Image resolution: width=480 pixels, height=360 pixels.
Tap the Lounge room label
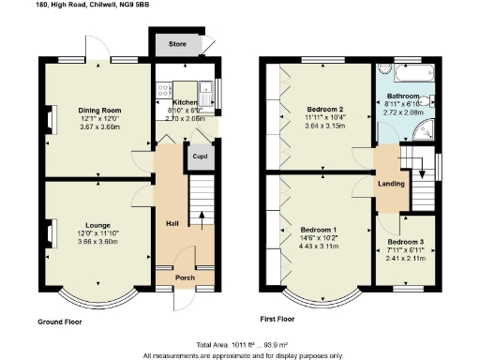pos(97,225)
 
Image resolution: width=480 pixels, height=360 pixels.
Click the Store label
pos(176,44)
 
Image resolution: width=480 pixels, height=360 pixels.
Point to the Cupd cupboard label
pos(200,157)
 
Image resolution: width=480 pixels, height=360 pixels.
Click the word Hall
pos(172,223)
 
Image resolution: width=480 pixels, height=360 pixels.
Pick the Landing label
pos(391,183)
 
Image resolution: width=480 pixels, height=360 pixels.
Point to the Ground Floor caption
pos(59,322)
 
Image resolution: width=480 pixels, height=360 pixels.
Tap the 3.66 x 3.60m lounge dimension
pos(97,242)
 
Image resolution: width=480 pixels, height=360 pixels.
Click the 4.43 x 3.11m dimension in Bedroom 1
pos(318,246)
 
